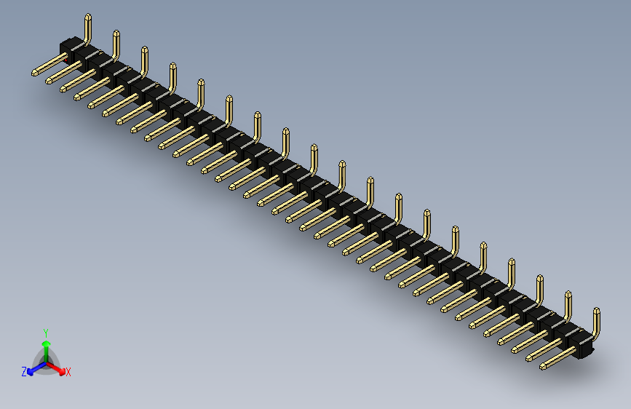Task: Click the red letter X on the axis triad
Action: pos(68,372)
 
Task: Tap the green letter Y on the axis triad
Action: pos(45,331)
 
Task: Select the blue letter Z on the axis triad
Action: pos(24,371)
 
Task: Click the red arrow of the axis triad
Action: pos(57,367)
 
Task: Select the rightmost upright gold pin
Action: pos(597,324)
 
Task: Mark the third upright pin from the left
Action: pos(144,61)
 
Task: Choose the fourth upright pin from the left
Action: pos(172,77)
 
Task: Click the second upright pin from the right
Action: pos(568,306)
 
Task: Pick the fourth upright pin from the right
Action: pos(512,274)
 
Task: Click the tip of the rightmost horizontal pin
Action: pos(543,366)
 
